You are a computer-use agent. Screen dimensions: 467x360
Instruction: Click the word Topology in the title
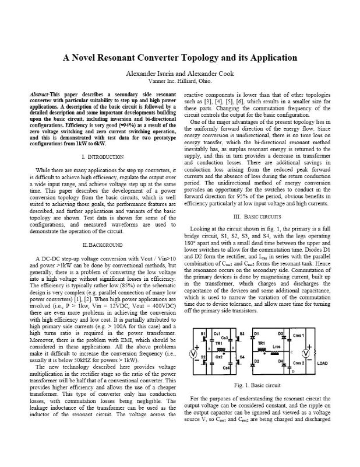[206, 58]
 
